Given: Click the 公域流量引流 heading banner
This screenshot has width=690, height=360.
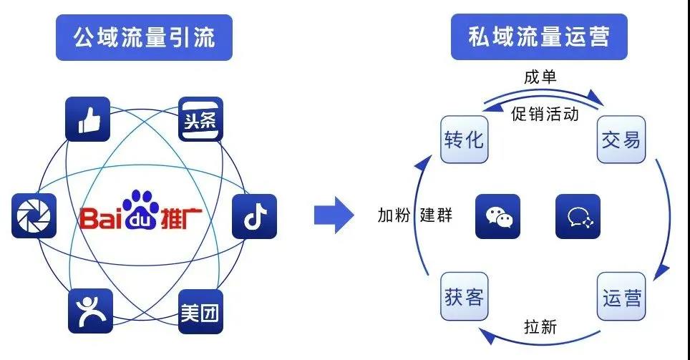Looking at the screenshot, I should pyautogui.click(x=145, y=37).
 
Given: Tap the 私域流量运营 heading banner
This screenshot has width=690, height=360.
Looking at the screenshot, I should pyautogui.click(x=539, y=37).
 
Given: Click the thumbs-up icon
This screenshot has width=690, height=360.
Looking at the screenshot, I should pyautogui.click(x=88, y=119).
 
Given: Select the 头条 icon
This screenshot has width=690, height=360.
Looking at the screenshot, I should pyautogui.click(x=200, y=119).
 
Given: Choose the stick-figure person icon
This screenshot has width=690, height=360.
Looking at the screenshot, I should pyautogui.click(x=90, y=311).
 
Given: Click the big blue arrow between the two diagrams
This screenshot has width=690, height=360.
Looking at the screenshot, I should pyautogui.click(x=334, y=213).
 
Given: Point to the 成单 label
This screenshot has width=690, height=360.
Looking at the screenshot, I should pyautogui.click(x=540, y=77).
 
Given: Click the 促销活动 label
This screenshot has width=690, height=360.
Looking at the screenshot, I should pyautogui.click(x=545, y=115).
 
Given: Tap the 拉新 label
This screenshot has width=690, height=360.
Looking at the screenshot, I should pyautogui.click(x=540, y=328).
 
